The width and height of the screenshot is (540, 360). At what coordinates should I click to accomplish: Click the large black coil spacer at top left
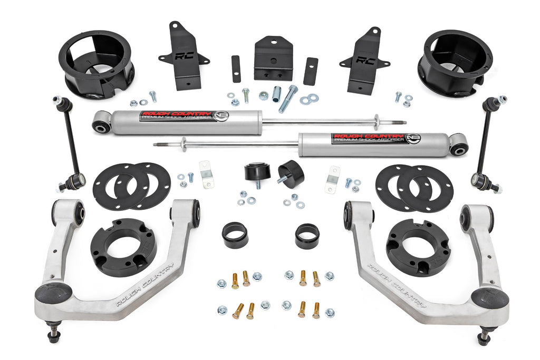coord(96,63)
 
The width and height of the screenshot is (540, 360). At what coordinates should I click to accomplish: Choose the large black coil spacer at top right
coord(455,62)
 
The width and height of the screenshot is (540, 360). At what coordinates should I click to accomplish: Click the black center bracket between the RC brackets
coord(273,58)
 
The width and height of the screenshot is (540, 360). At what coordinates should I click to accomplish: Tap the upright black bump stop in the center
coord(257,172)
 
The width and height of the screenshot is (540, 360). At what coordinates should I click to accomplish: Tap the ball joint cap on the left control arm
coord(53,293)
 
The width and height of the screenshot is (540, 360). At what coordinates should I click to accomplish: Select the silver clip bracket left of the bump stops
coord(206,173)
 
